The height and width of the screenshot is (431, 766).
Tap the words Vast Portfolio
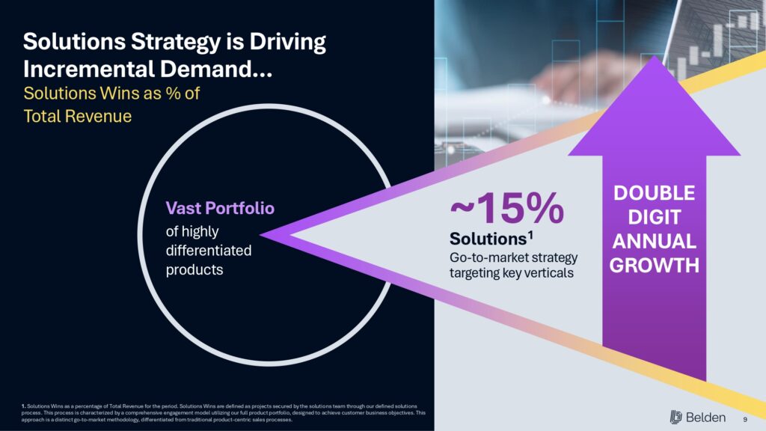click(220, 208)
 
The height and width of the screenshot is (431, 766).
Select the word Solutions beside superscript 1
click(487, 239)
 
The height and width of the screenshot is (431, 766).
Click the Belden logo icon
click(677, 417)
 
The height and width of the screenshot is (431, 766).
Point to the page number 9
click(745, 418)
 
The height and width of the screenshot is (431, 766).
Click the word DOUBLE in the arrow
click(655, 193)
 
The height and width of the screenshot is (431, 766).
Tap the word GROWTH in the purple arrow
click(655, 266)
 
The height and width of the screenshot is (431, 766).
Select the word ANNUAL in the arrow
click(655, 242)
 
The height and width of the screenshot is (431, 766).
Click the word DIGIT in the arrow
click(655, 218)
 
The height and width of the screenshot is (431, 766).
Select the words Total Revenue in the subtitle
click(77, 117)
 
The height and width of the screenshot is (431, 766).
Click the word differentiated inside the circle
click(208, 251)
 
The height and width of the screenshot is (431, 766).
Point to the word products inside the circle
click(194, 269)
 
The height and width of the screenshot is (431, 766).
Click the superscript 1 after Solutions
click(530, 235)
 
